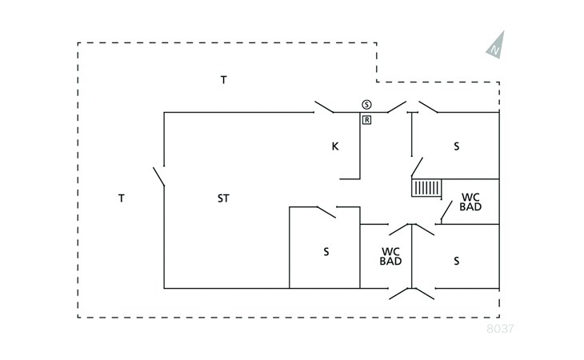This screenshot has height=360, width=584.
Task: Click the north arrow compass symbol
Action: (x=497, y=45)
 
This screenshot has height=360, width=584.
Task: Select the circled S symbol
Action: (x=366, y=104)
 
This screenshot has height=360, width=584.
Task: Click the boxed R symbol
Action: (x=366, y=120)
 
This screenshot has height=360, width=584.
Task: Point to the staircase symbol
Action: (x=426, y=188)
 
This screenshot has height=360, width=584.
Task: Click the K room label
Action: (x=336, y=146)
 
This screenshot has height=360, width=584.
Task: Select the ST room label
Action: (x=223, y=198)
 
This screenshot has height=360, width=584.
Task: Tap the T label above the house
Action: (x=224, y=79)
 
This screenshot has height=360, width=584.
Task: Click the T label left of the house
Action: (x=121, y=198)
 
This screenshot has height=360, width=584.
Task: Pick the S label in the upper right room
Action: (x=457, y=146)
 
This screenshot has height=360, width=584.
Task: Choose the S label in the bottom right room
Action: (x=457, y=261)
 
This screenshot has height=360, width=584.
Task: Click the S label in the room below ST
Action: (x=326, y=252)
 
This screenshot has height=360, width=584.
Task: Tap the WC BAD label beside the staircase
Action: (x=470, y=202)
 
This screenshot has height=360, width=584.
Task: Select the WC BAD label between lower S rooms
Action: (x=390, y=256)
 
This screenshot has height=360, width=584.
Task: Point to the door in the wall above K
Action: (x=325, y=106)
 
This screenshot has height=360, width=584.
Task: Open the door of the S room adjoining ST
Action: (x=326, y=212)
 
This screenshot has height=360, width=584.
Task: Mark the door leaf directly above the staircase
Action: (x=417, y=167)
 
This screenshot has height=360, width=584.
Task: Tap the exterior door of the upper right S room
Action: (x=428, y=106)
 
